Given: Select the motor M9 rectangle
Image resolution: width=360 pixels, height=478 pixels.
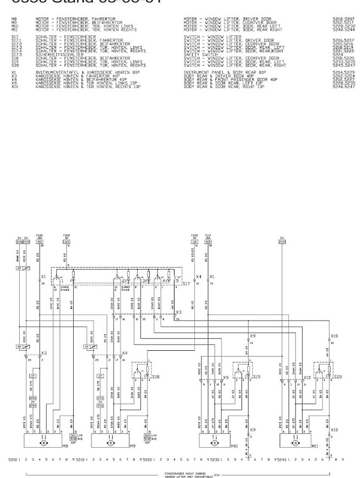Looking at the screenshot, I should pos(110,442).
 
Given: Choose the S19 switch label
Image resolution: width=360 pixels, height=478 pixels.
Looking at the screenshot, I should pos(256,377).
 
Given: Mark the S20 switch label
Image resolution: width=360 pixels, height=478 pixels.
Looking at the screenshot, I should pos(337,377).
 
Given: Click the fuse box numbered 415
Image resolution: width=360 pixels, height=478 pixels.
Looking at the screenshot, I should pos(39,241).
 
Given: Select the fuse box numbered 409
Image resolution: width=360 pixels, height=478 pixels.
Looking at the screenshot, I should pos(208,241).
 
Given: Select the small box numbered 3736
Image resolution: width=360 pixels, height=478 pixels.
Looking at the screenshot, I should pos(20,241).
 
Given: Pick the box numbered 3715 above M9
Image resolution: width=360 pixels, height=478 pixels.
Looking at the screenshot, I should pos(101,397).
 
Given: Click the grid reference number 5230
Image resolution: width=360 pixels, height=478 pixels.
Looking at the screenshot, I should pos(203,459).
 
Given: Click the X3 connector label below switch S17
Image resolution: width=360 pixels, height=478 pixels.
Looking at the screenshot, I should pos(178,312).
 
